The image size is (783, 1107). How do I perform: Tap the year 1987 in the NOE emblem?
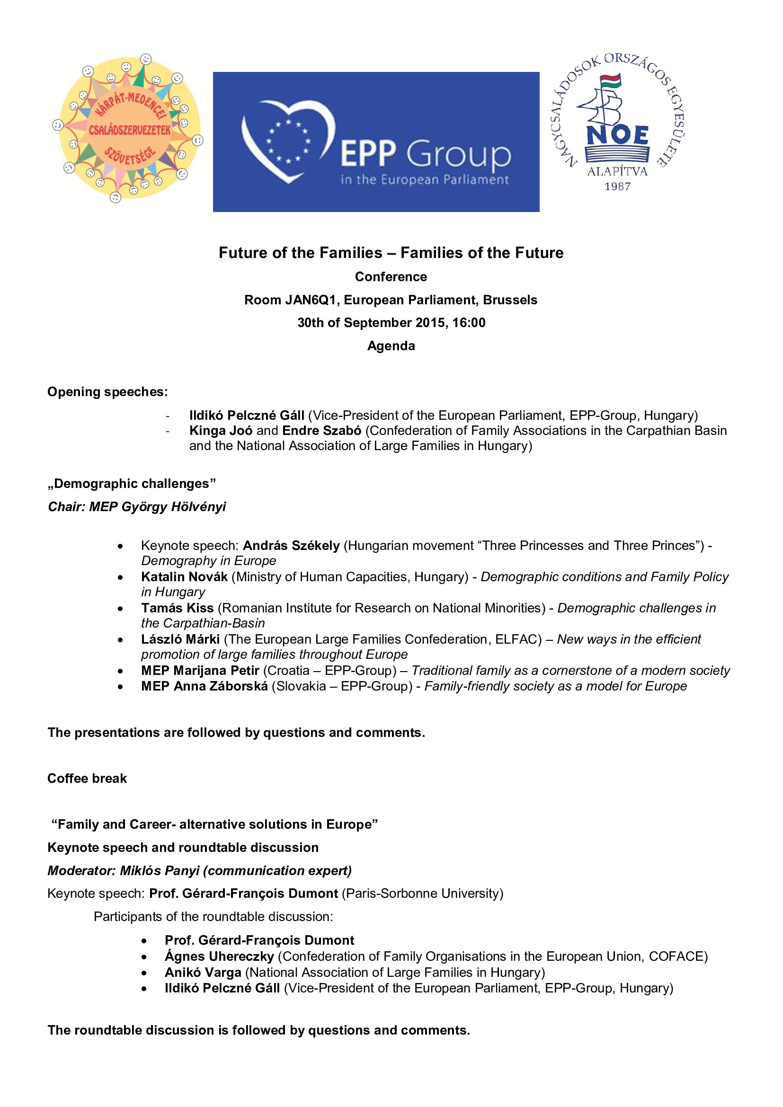(x=617, y=186)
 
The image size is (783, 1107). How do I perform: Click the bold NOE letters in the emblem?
(x=618, y=135)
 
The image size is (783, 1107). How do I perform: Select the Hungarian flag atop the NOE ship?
(x=611, y=80)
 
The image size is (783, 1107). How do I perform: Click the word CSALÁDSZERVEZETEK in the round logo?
(x=129, y=130)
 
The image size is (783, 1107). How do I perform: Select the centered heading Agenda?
(x=391, y=345)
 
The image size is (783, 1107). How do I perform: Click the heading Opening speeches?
(x=107, y=392)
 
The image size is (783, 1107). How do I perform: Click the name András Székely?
(x=291, y=545)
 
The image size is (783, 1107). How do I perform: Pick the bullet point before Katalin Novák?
(x=120, y=577)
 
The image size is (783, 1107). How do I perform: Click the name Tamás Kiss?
(x=178, y=608)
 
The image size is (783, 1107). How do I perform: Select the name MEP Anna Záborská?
(x=205, y=686)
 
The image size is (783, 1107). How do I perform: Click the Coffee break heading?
(x=87, y=779)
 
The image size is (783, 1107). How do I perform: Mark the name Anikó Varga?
(x=203, y=973)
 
